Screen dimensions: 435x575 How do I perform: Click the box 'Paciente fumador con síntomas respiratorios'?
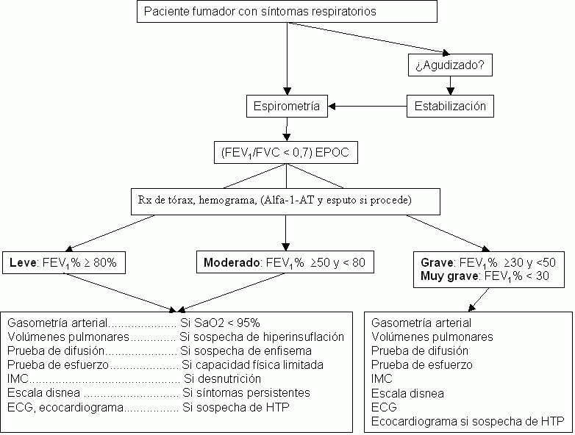[x=287, y=12]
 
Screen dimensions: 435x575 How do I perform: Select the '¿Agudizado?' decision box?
[x=449, y=65]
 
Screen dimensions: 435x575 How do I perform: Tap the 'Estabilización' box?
[x=451, y=106]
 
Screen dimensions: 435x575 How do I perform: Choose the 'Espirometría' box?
[x=287, y=107]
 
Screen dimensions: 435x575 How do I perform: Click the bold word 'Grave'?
[x=436, y=262]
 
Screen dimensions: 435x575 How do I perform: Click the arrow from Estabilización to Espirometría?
[x=367, y=107]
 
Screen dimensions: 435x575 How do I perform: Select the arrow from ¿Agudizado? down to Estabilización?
[x=451, y=86]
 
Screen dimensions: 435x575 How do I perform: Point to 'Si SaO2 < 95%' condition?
[x=220, y=323]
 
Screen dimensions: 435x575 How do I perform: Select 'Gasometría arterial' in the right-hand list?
[x=421, y=323]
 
